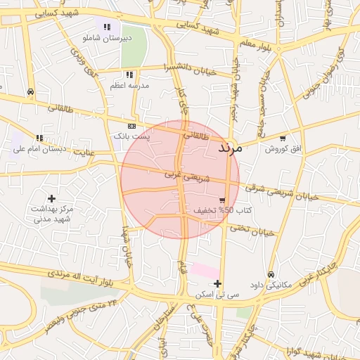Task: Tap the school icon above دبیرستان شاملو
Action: [x=107, y=27]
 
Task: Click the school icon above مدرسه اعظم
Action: [x=129, y=75]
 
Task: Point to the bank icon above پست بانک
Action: [x=131, y=124]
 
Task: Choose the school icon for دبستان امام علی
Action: [x=40, y=139]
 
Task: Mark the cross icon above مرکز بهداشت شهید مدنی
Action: [x=51, y=199]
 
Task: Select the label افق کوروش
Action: [x=282, y=149]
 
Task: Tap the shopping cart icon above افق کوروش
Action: [x=283, y=139]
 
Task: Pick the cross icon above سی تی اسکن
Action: [x=217, y=283]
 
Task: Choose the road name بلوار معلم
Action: [x=255, y=44]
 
